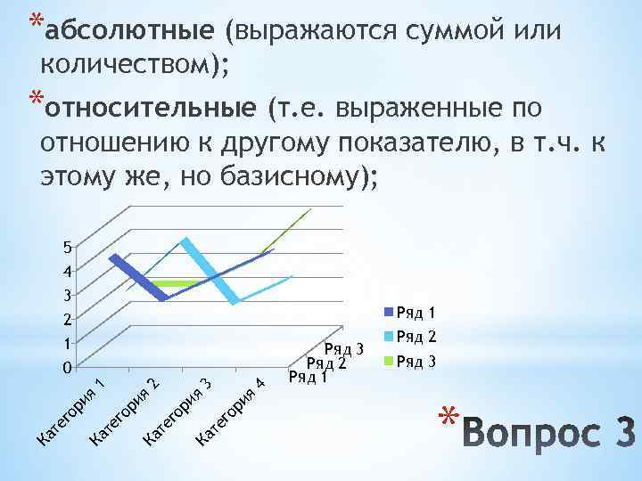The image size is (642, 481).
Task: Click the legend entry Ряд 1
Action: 416,313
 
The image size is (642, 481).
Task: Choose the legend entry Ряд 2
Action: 416,337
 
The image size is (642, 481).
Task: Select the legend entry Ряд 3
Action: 416,361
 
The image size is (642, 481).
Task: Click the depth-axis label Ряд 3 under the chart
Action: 346,349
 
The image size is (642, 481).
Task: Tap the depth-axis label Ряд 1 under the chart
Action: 309,377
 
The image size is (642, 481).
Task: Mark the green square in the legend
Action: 388,362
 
